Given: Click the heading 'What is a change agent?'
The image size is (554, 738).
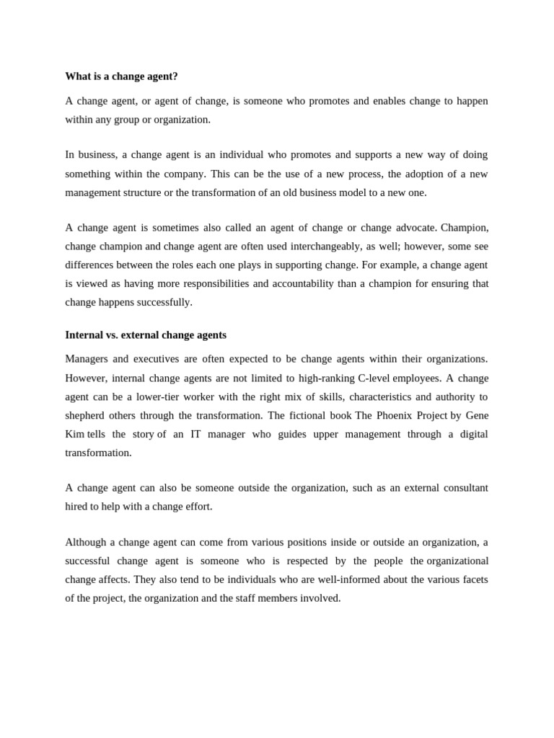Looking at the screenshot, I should [x=121, y=76].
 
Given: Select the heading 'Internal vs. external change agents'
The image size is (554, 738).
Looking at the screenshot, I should [x=146, y=335].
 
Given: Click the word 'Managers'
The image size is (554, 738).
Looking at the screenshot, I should [x=86, y=359].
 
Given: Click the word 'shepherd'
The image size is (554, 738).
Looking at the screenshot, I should [x=84, y=415].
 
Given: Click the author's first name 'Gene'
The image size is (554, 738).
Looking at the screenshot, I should [x=477, y=415].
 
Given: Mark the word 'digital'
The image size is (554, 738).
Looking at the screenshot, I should [x=470, y=434].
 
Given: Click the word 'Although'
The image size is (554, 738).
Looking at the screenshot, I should [x=84, y=542].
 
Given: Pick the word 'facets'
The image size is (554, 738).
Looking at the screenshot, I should [x=474, y=579].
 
